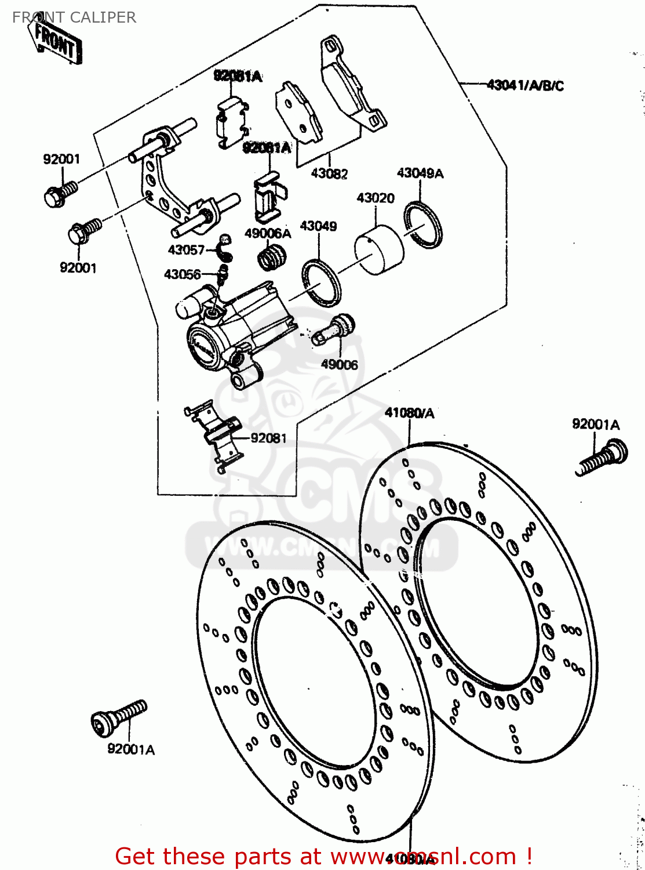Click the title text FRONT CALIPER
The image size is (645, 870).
(x=74, y=17)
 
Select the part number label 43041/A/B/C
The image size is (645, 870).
(x=525, y=86)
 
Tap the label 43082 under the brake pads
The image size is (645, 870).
(x=329, y=173)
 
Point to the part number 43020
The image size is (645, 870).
(x=376, y=198)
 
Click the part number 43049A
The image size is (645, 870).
(x=420, y=173)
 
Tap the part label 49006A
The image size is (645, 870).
(x=268, y=234)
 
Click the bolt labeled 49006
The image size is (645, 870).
(x=333, y=331)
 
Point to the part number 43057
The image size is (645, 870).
(x=186, y=250)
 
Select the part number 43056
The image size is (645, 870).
(x=183, y=274)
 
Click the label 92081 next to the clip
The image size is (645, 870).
(x=268, y=438)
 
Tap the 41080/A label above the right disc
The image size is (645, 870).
(x=409, y=413)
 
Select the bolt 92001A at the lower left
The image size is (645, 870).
(x=119, y=717)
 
